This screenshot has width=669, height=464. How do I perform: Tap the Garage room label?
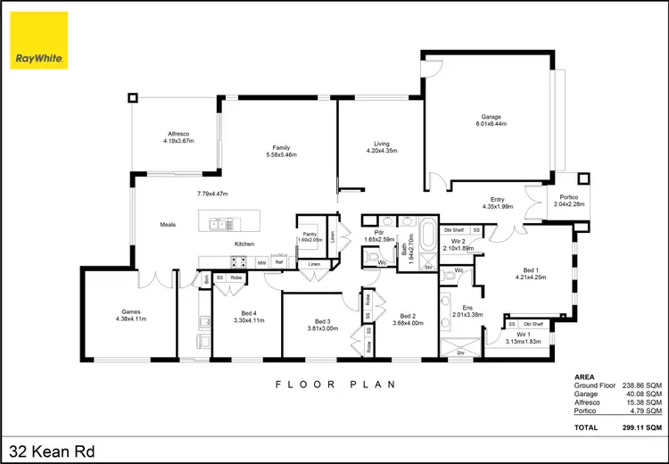(491, 117)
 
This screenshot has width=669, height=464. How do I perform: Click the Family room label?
(282, 148)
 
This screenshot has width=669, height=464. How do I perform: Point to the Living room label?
(382, 143)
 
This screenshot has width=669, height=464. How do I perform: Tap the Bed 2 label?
(409, 316)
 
